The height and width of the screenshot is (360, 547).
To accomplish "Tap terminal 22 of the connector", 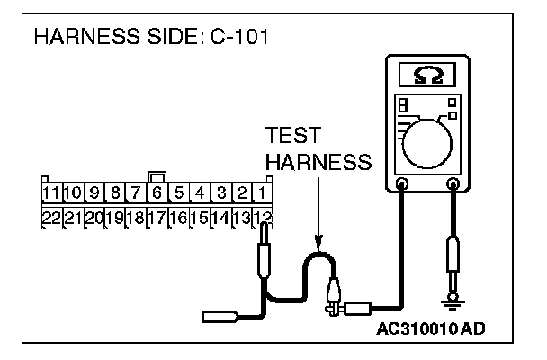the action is pyautogui.click(x=50, y=217).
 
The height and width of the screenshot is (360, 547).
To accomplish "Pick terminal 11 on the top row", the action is pyautogui.click(x=50, y=193).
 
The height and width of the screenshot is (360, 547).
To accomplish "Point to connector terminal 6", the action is pyautogui.click(x=157, y=193).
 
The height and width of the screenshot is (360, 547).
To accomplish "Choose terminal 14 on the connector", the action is pyautogui.click(x=221, y=217).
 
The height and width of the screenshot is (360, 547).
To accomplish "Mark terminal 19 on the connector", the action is pyautogui.click(x=114, y=217).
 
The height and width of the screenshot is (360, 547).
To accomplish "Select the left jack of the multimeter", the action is pyautogui.click(x=402, y=185).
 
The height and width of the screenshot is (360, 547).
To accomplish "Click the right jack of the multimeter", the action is pyautogui.click(x=453, y=185).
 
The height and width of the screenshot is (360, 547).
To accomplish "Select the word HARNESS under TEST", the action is pyautogui.click(x=318, y=163).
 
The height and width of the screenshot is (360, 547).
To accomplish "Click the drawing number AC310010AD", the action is pyautogui.click(x=431, y=328).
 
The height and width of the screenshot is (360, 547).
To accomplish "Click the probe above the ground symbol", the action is pyautogui.click(x=453, y=257).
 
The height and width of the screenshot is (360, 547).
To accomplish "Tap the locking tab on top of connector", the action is pyautogui.click(x=157, y=176).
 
